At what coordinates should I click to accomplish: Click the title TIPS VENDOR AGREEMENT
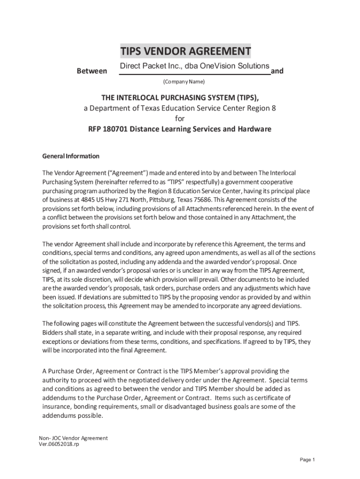coord(185,51)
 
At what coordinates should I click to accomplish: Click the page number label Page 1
coord(308,460)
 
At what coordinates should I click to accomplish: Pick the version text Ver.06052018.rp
coord(59,444)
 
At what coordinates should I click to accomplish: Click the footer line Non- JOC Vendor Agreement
coord(73,438)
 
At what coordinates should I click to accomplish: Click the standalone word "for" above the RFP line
coord(180,118)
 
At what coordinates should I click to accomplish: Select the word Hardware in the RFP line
coord(254,129)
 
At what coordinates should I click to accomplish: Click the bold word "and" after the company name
coord(277,71)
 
